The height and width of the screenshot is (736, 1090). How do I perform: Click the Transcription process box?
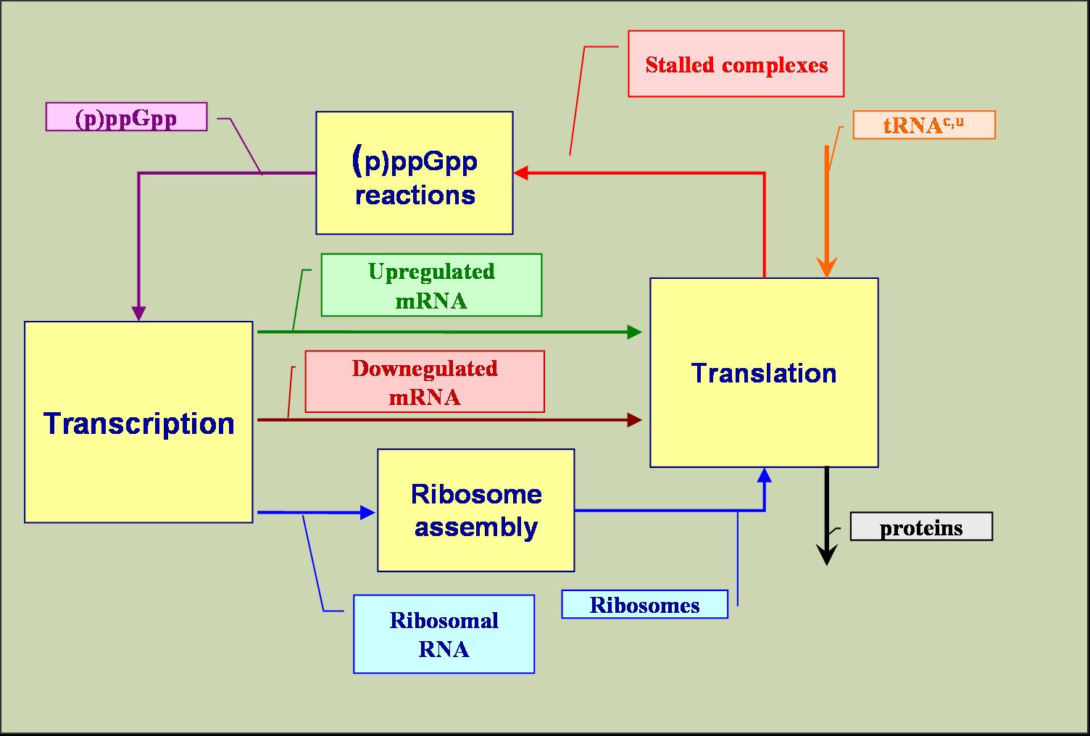coord(138,422)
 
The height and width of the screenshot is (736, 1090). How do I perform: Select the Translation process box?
coord(764,372)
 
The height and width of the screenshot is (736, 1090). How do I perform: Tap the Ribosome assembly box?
coord(475,510)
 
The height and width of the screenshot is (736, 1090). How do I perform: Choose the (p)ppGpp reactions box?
coord(414,172)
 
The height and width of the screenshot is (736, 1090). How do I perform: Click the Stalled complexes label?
coord(736,64)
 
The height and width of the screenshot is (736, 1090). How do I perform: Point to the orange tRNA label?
coord(923,125)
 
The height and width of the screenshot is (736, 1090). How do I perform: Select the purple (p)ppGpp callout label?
coord(126,117)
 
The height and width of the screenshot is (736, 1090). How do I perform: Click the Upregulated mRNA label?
coord(431,285)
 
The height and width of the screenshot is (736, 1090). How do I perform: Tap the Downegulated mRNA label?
coord(424,382)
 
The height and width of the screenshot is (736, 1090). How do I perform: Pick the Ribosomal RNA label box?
coord(444,634)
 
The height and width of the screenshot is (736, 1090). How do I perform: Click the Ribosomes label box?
coord(644,604)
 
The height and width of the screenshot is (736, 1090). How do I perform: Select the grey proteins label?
coord(920,527)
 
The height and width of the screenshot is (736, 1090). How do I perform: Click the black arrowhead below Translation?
coord(826,555)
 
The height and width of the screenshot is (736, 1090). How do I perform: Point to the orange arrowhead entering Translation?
coord(826,267)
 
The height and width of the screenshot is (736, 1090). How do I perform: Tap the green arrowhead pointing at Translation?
coord(635,333)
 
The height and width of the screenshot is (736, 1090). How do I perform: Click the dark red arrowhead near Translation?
coord(635,419)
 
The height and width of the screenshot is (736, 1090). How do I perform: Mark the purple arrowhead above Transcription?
coord(138,313)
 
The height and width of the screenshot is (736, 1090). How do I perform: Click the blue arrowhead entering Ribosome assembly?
coord(368,513)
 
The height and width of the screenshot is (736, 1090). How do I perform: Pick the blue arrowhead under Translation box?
coord(764,475)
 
